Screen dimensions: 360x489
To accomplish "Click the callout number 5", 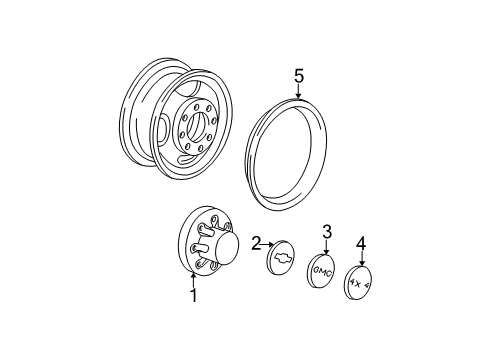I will pyautogui.click(x=298, y=75).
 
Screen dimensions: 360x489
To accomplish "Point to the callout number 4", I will pyautogui.click(x=362, y=241).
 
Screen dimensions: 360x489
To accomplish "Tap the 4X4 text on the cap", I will pyautogui.click(x=359, y=284).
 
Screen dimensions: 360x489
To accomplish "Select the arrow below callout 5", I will pyautogui.click(x=298, y=92).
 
